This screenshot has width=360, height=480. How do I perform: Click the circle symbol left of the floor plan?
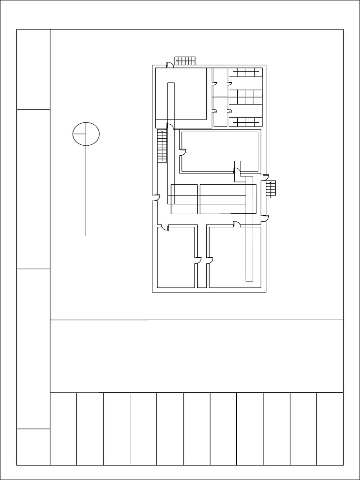point(86,134)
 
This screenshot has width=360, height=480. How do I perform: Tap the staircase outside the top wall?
point(185,60)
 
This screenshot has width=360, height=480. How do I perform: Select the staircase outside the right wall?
point(271,188)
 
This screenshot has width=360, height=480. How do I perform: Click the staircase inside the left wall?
point(162,146)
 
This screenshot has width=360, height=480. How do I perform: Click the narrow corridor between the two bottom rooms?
point(202,272)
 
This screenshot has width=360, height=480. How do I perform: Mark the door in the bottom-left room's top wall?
point(165,228)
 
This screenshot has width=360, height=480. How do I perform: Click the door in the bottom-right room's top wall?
point(237,225)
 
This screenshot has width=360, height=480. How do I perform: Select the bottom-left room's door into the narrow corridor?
point(197,260)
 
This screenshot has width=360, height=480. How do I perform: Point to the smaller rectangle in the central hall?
point(184,199)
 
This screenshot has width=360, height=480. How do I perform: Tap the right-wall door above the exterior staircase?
point(265,177)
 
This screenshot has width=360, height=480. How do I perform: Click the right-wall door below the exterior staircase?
point(265,217)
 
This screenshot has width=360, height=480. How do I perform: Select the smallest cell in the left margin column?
point(33,447)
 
